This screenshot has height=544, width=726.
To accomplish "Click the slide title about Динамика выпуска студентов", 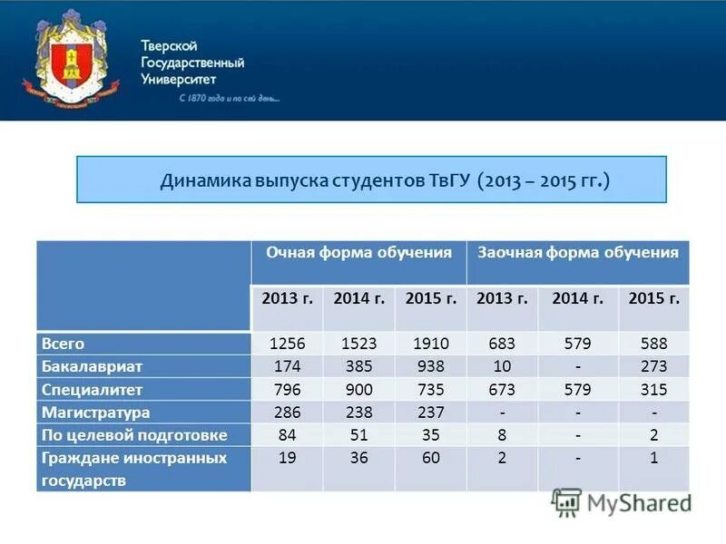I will [385, 180].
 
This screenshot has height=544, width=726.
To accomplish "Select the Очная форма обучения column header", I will [358, 253].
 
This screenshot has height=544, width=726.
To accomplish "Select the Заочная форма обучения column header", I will [578, 253].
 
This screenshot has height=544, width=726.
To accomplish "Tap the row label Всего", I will [63, 344].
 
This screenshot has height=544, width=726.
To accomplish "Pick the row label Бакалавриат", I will [92, 366].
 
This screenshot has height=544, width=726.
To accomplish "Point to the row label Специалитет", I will [92, 390].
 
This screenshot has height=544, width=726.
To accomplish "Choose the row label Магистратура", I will [95, 413].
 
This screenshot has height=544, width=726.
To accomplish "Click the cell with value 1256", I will [288, 344].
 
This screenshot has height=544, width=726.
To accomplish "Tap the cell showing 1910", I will [430, 344].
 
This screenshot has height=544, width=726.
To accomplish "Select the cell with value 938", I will [430, 366].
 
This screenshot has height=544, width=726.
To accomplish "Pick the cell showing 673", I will [501, 390].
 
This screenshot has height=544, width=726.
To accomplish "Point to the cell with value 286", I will [288, 413].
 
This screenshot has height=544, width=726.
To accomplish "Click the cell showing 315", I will [652, 390].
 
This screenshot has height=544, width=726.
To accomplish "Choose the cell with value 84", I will [288, 435].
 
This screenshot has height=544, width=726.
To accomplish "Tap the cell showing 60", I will [430, 458].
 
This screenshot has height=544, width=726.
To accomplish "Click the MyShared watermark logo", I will [621, 503].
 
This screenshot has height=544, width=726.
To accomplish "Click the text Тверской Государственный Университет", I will [191, 63].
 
